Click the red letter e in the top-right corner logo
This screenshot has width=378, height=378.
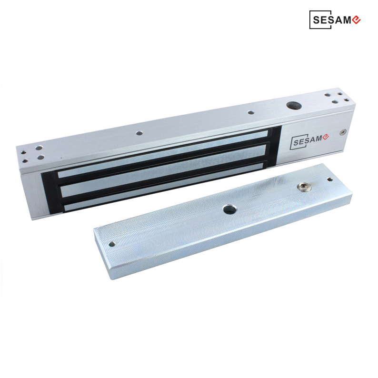[356, 20]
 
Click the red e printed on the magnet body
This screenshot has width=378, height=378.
[326, 137]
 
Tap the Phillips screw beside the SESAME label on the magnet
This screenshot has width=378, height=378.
[343, 131]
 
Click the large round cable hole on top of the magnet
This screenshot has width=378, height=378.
[292, 105]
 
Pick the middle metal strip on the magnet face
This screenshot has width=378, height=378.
[164, 170]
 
